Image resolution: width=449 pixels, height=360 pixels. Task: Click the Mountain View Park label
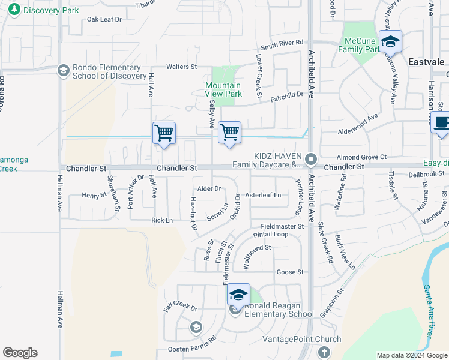coord(223,89)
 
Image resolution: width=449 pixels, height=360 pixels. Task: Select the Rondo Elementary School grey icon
coord(63,71)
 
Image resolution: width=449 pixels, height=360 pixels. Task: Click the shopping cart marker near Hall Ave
coord(164,133)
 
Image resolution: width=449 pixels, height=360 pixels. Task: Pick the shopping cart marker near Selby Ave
coord(229,133)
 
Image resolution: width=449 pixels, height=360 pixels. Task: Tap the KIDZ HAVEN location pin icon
coord(310,160)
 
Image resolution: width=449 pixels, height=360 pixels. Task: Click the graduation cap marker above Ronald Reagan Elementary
coord(238,295)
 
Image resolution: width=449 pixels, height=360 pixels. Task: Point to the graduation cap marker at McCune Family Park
coord(390,42)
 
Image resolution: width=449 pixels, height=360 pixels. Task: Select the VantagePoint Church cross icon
coord(324,352)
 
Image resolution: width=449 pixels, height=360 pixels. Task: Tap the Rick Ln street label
coord(162,220)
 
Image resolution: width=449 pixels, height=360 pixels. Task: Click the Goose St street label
coord(290,272)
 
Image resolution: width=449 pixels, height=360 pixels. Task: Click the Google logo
coord(20,353)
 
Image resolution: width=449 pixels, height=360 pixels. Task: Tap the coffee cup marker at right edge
coord(442,123)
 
